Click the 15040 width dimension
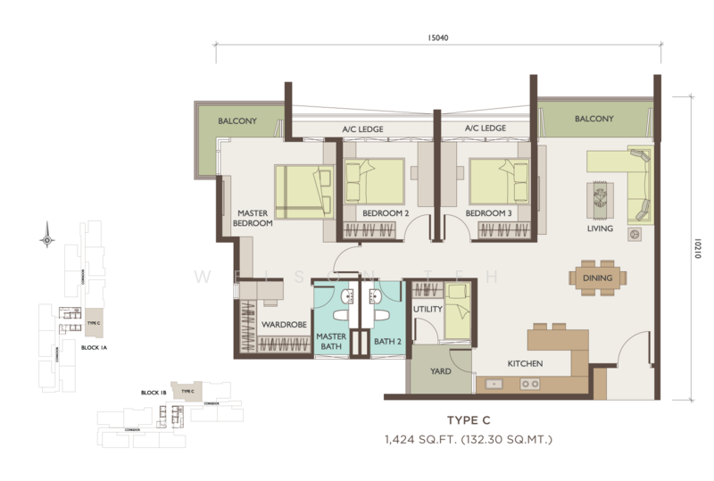coord(437,37)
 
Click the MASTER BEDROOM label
coord(254,219)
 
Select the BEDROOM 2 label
coord(386,214)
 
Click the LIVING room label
coord(600,229)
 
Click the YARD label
coord(441,371)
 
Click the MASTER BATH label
coord(332,341)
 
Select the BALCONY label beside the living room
coord(594,119)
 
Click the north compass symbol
coord(46,238)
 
